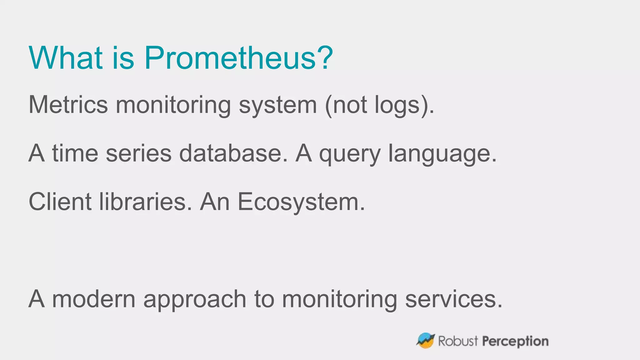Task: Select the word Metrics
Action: [68, 105]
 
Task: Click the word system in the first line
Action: [278, 105]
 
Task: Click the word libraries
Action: [143, 202]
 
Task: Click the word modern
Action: [94, 299]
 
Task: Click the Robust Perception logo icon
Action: [425, 340]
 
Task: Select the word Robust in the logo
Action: [458, 341]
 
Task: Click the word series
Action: [139, 153]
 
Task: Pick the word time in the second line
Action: [75, 153]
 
